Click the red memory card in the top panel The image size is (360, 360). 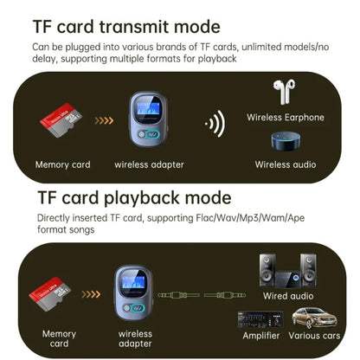pyautogui.click(x=61, y=124)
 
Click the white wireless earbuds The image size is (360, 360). pyautogui.click(x=285, y=93)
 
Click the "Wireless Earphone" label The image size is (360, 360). pyautogui.click(x=285, y=117)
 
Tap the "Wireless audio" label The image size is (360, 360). pyautogui.click(x=285, y=164)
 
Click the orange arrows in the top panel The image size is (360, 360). pyautogui.click(x=100, y=123)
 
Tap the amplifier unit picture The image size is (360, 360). pyautogui.click(x=260, y=320)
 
